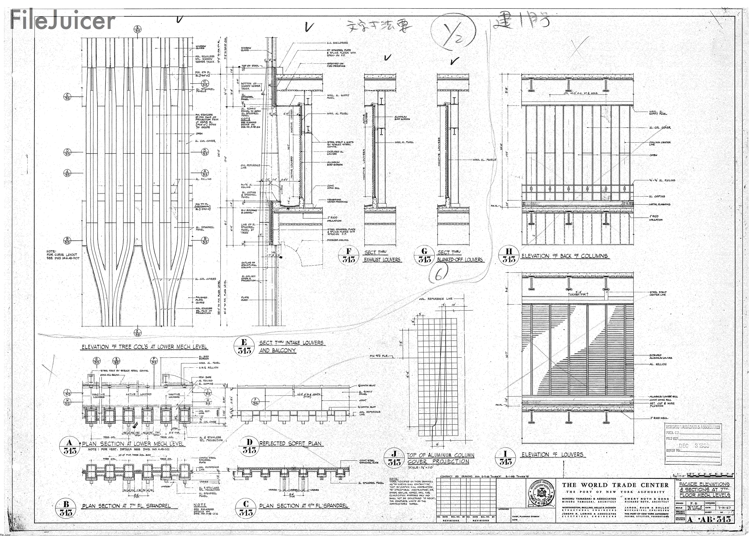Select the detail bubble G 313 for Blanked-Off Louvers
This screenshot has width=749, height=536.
click(424, 255)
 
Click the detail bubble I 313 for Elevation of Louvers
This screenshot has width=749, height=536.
click(505, 458)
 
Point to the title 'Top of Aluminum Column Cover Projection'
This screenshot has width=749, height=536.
click(440, 458)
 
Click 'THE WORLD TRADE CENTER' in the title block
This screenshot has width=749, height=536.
click(615, 485)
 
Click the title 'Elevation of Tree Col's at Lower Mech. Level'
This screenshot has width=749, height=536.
click(144, 347)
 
